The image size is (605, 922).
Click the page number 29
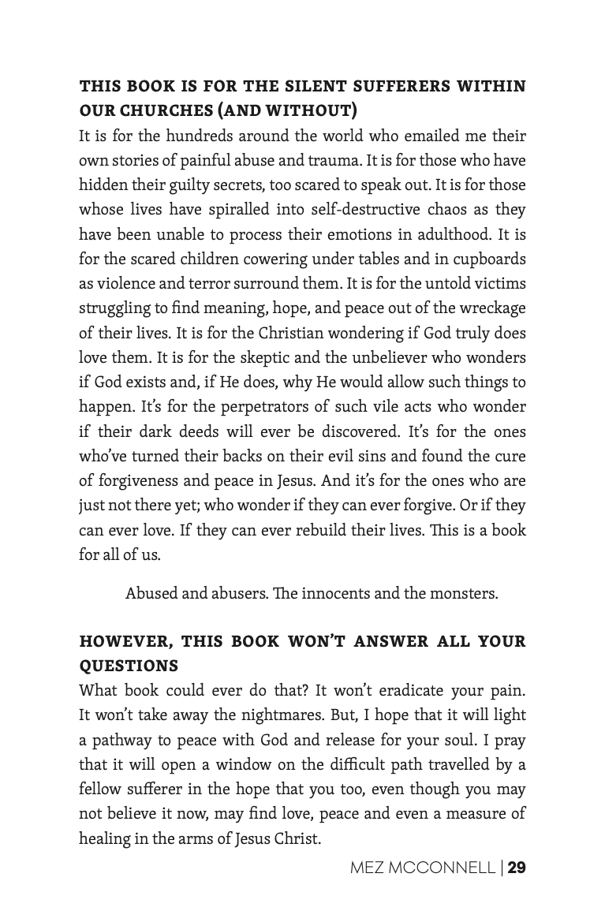[517, 868]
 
